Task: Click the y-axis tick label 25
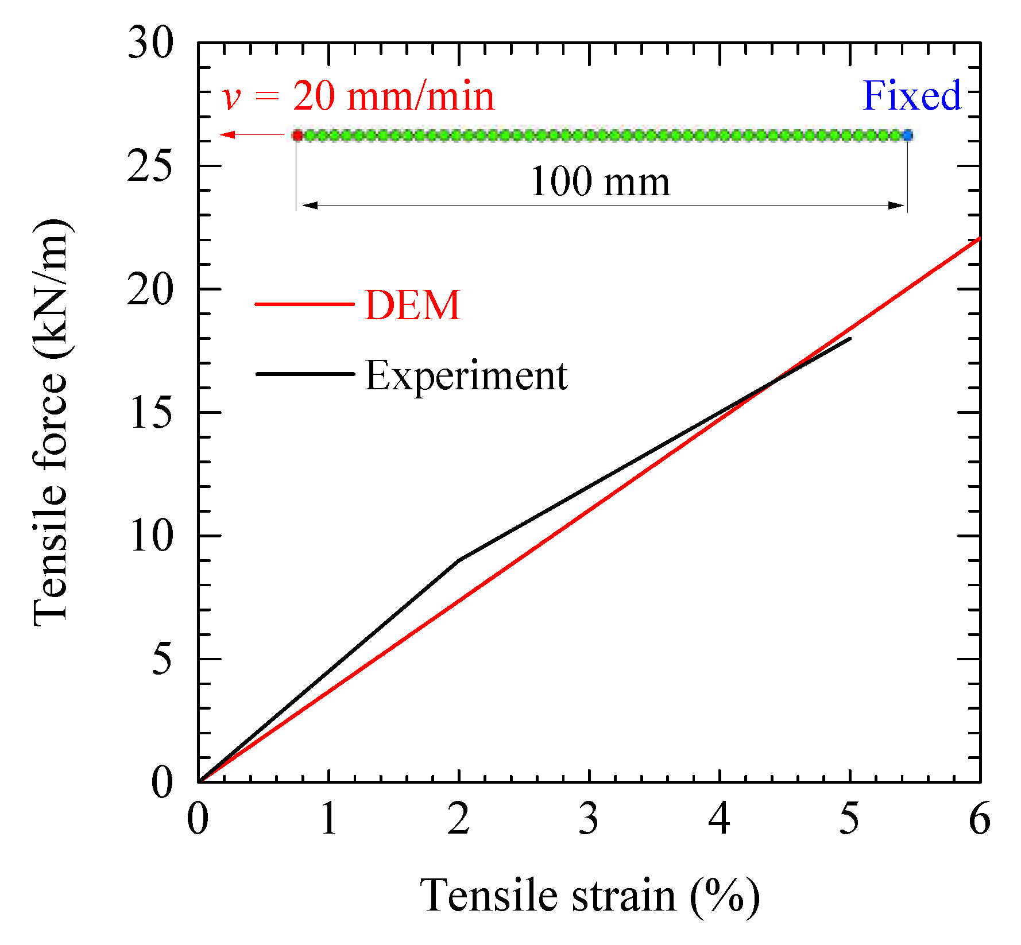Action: [149, 167]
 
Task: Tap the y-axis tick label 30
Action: [149, 43]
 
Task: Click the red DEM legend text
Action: [412, 305]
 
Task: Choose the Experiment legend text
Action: [466, 376]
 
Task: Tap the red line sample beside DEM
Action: [304, 304]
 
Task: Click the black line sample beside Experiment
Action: [304, 374]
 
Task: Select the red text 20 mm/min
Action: [393, 96]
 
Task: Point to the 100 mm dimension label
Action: [600, 182]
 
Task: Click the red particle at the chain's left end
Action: [297, 135]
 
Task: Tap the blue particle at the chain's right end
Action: [907, 135]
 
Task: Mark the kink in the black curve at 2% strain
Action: [459, 560]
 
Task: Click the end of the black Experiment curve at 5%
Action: [850, 339]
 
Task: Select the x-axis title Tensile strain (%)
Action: [590, 896]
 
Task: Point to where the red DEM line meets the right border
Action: [979, 238]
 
